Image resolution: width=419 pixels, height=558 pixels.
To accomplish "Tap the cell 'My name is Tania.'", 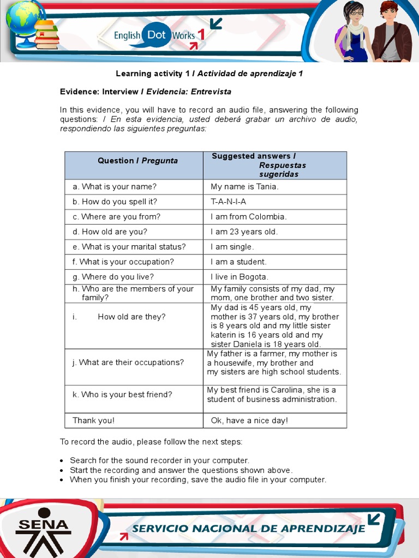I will point(244,187).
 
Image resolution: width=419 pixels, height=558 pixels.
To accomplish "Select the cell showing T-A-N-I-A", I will point(228,202).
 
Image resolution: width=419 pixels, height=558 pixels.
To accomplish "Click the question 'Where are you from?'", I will point(121,217).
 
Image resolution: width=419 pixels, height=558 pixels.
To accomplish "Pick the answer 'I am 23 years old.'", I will point(244,232).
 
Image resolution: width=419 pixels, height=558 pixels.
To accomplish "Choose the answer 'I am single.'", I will point(232,247).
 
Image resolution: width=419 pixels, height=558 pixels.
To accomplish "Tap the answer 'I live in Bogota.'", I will point(240,277).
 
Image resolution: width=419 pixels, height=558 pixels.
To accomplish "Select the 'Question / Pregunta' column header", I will point(137,161).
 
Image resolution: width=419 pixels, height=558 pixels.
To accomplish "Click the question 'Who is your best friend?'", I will point(126,395).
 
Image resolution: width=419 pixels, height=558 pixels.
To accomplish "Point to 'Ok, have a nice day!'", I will point(249,420).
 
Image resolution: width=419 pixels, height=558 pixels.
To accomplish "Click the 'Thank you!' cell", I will point(93,420).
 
